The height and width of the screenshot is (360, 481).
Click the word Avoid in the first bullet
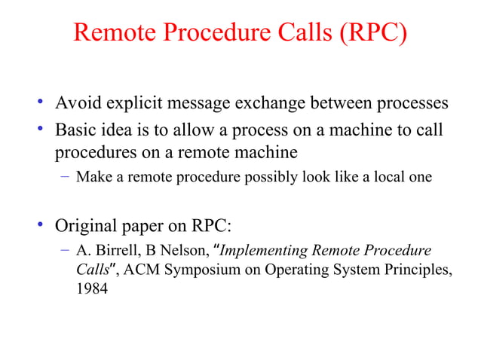pyautogui.click(x=77, y=103)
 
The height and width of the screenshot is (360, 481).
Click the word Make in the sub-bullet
pyautogui.click(x=92, y=178)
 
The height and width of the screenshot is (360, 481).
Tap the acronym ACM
pyautogui.click(x=139, y=270)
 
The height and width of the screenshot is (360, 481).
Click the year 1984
pyautogui.click(x=91, y=289)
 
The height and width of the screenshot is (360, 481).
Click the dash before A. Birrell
pyautogui.click(x=66, y=252)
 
